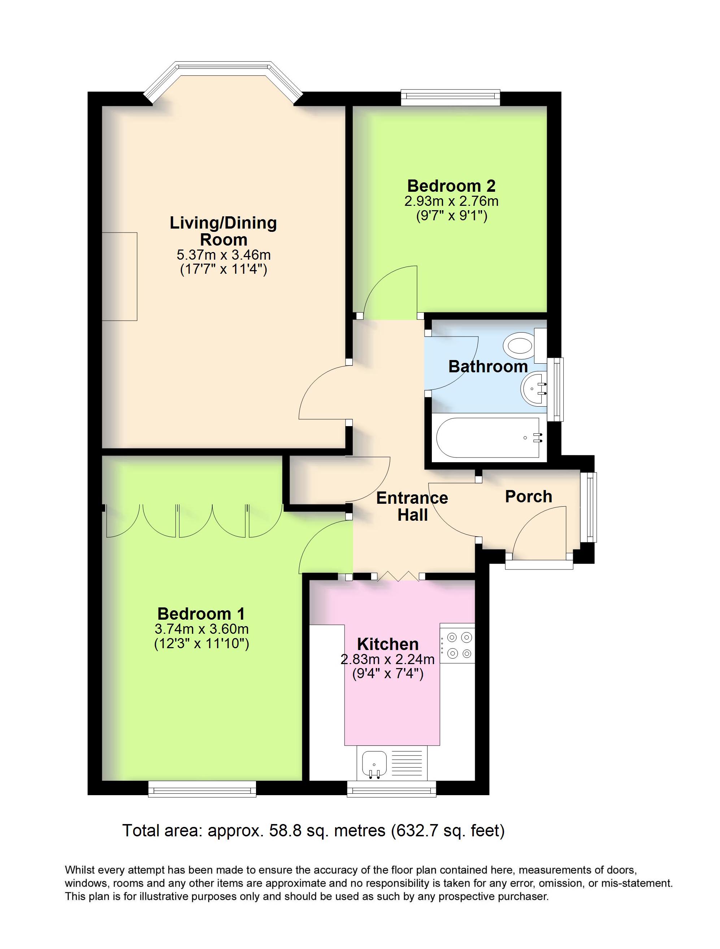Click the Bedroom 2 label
451,186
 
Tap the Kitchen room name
388,644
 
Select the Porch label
529,497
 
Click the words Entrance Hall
412,506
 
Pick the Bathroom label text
488,367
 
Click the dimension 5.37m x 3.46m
224,255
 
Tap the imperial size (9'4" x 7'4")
388,673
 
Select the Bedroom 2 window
451,97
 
